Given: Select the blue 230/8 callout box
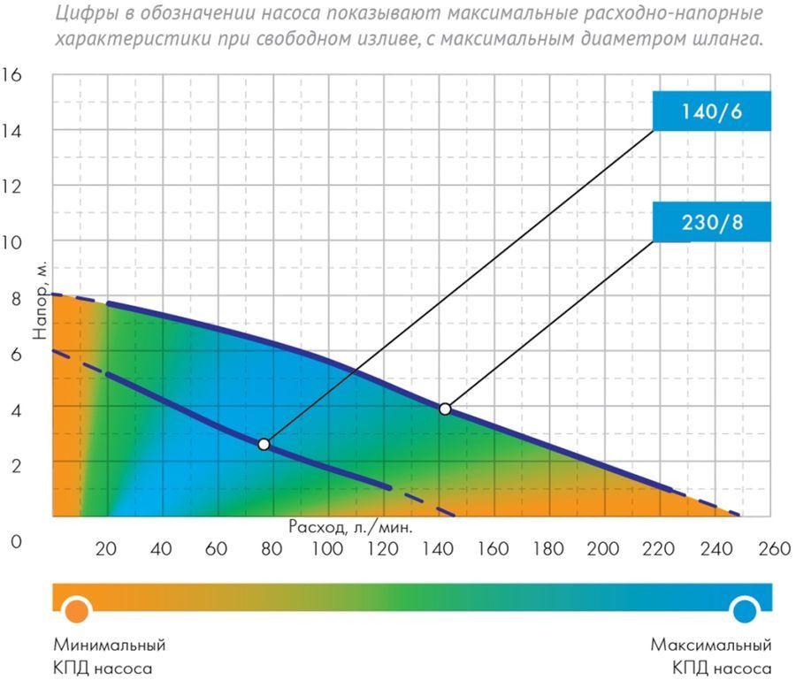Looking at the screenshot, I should point(712,221).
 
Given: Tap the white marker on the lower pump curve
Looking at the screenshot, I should point(264,444).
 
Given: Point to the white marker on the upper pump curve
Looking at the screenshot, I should point(445,409).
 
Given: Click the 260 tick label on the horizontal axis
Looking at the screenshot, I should point(772,548).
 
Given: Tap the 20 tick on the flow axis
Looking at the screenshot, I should point(106,548).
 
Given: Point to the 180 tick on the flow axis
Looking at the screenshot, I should point(549,548).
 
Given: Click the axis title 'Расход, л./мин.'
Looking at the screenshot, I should point(351,526).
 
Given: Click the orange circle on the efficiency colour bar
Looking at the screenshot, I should point(77,609).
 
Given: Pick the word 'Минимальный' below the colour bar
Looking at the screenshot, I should point(110,645).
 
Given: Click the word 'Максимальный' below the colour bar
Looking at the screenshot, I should point(711,645).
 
